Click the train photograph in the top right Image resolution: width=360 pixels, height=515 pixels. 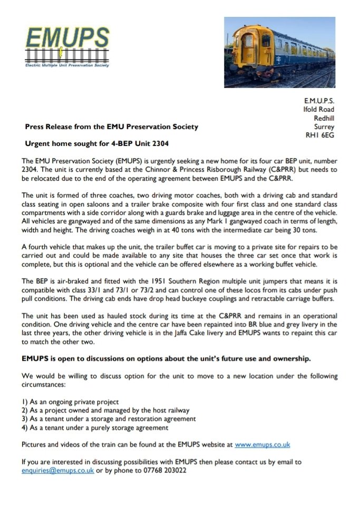click(x=279, y=52)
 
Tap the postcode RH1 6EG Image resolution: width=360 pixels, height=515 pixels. click(x=320, y=135)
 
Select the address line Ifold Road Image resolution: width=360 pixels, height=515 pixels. click(x=318, y=110)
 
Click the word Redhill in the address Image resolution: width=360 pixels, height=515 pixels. click(x=324, y=118)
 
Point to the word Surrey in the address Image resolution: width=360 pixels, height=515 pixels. click(x=325, y=127)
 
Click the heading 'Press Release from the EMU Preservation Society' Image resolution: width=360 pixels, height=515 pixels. click(x=112, y=127)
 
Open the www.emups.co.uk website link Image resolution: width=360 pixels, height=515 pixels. click(x=262, y=444)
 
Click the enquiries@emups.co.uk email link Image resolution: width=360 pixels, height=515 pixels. click(x=58, y=470)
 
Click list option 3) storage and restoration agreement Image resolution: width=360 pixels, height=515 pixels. click(x=109, y=419)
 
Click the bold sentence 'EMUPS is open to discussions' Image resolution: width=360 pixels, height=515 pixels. click(x=166, y=359)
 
